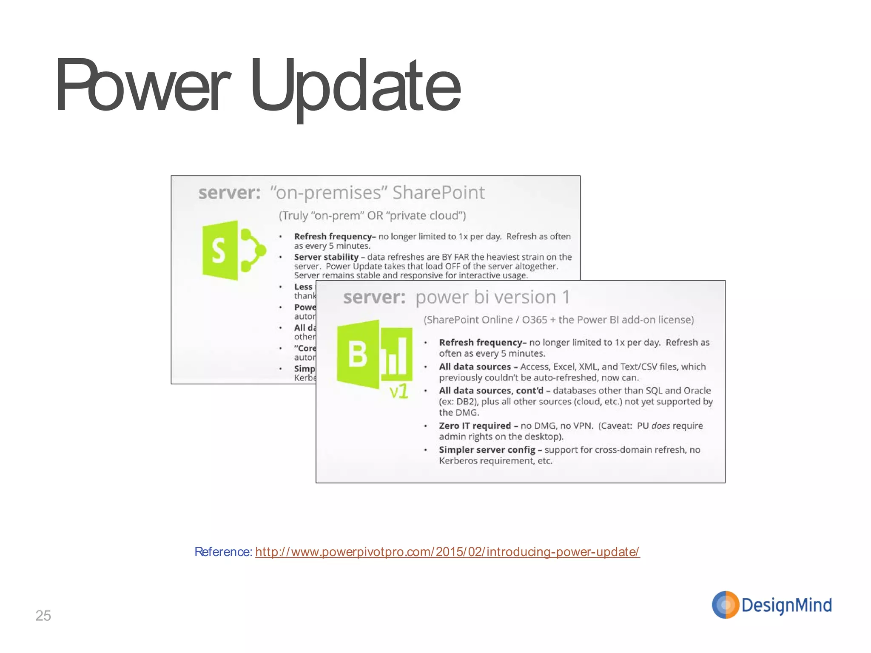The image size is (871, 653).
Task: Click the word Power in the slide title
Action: click(x=142, y=85)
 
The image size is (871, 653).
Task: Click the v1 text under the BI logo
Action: click(x=399, y=391)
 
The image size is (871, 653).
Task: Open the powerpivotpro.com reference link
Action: click(x=447, y=552)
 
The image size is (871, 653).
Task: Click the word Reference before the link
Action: click(x=223, y=552)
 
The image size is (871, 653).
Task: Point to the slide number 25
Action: click(x=43, y=616)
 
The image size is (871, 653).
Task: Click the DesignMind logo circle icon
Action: click(x=725, y=605)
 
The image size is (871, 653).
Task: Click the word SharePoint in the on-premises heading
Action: click(x=438, y=193)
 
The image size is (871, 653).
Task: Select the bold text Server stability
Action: click(x=326, y=257)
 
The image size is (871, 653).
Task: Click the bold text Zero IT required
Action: click(x=475, y=426)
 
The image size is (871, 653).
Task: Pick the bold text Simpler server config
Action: click(x=487, y=449)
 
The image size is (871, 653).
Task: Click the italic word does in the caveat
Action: click(x=660, y=426)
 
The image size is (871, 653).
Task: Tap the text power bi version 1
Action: click(x=492, y=297)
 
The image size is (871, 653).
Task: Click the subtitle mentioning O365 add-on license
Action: click(x=558, y=320)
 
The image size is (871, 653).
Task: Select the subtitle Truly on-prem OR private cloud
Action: click(x=372, y=216)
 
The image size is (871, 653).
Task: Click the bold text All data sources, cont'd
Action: click(x=491, y=390)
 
